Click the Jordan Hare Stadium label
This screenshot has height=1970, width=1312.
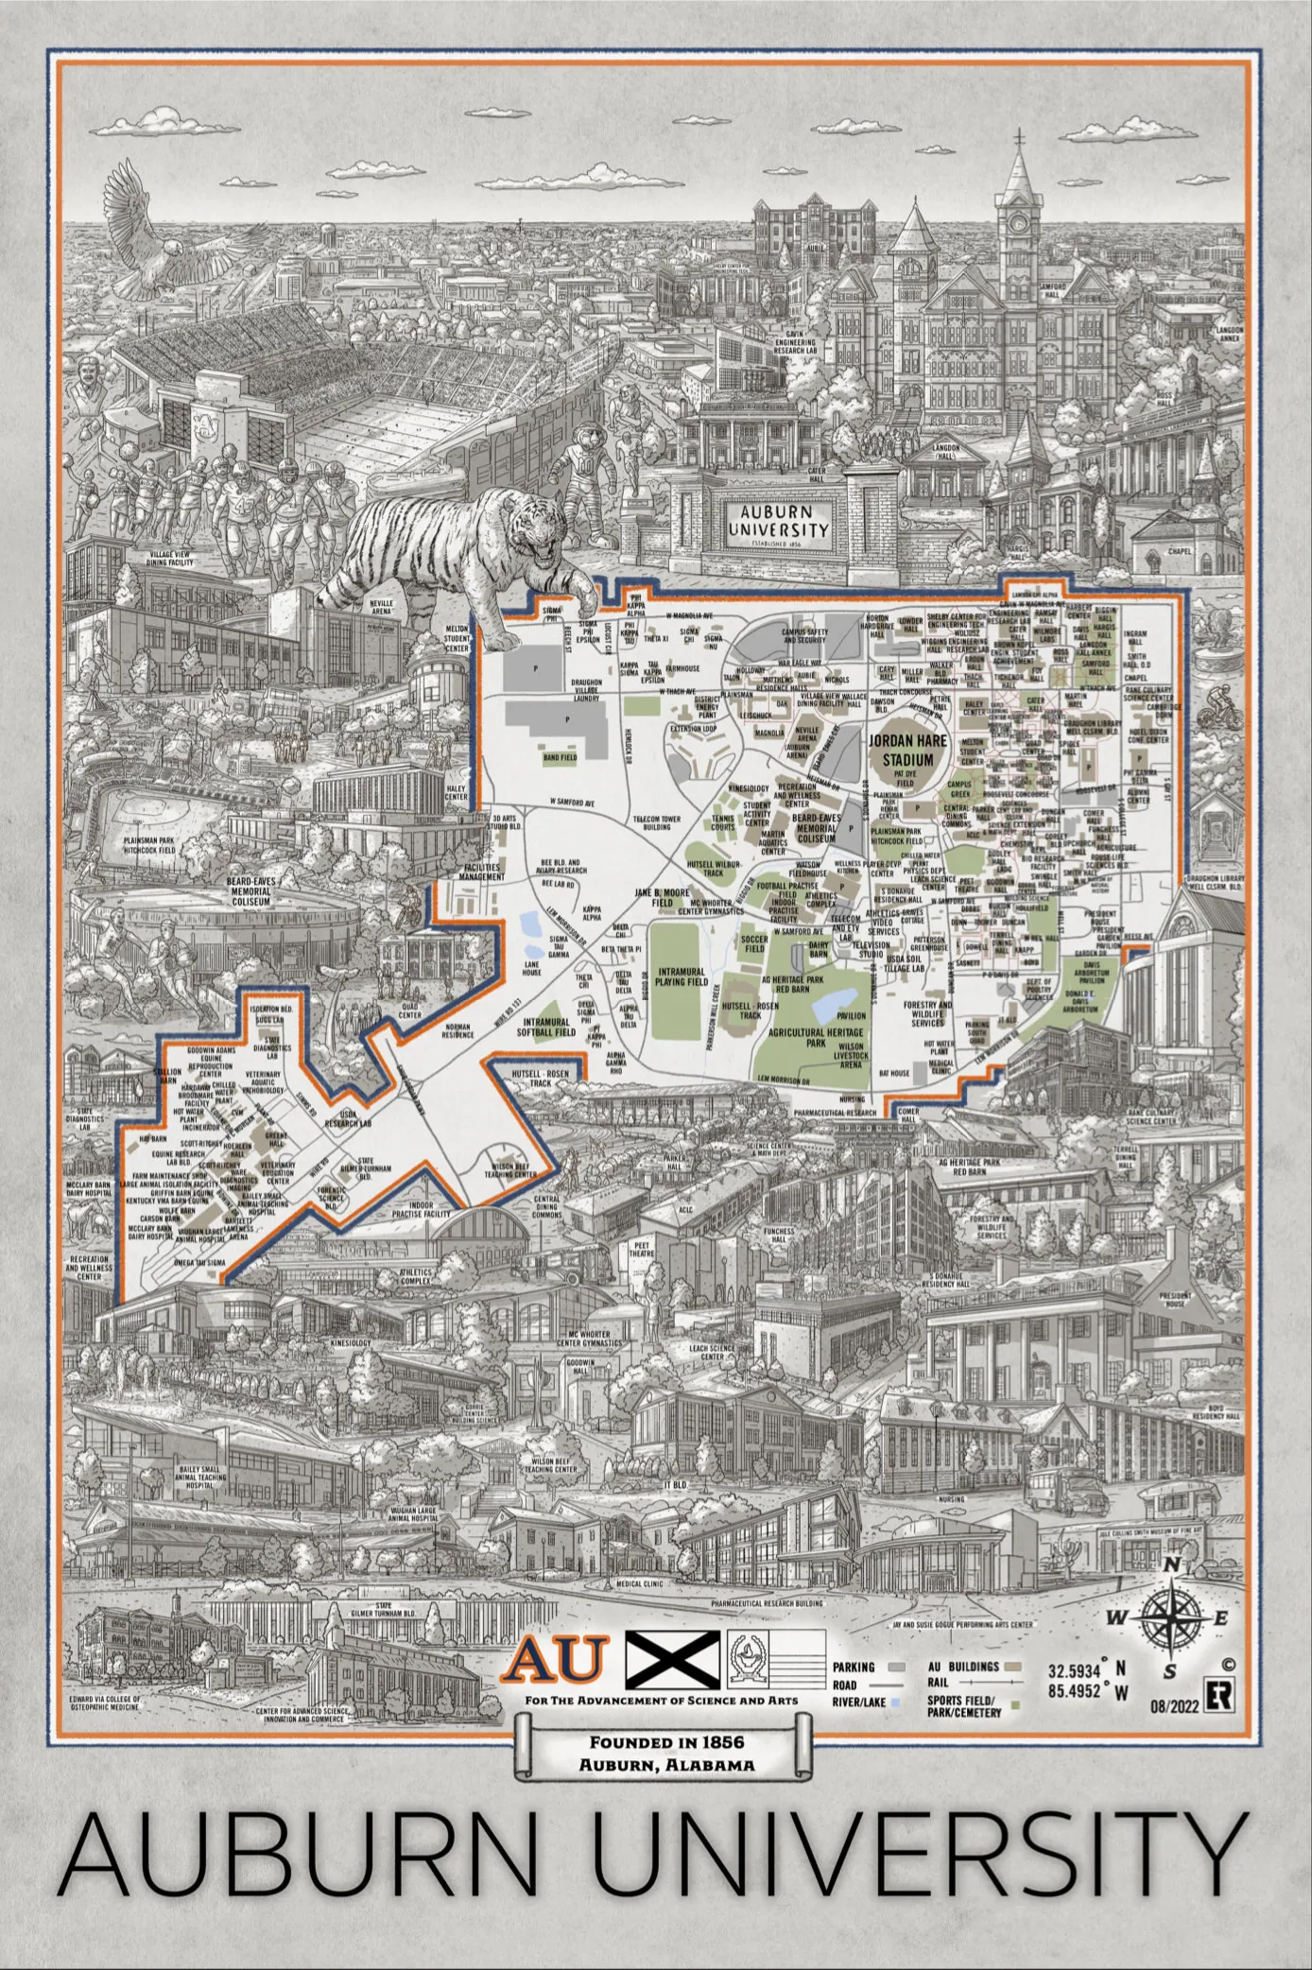point(907,752)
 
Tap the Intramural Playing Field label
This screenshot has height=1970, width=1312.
point(682,976)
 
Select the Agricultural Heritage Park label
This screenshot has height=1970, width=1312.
point(816,1037)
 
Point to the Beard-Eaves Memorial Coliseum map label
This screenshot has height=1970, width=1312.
point(816,828)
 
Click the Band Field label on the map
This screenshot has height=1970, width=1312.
point(560,757)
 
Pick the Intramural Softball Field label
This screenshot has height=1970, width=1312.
point(546,1027)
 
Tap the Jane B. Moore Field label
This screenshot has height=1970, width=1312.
point(662,897)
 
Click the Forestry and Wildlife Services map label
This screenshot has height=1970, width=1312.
point(927,1013)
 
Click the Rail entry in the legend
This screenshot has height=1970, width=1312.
point(938,1683)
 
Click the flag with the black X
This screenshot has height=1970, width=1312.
point(673,1656)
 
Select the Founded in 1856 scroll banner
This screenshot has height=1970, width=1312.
point(662,1749)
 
